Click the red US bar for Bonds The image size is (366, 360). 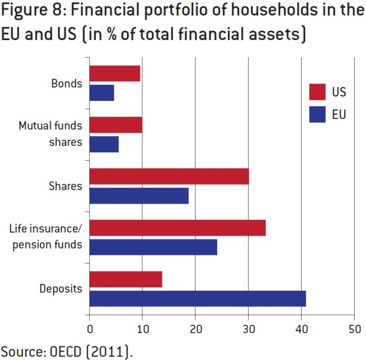click(114, 73)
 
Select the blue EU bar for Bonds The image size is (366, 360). click(102, 93)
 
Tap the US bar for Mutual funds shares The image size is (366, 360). click(116, 125)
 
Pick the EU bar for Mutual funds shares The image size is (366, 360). click(104, 144)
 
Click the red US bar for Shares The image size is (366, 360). click(169, 176)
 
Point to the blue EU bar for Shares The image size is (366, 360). click(139, 196)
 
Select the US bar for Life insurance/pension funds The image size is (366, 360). click(178, 228)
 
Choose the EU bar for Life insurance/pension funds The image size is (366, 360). click(153, 247)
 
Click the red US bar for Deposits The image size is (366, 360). click(126, 279)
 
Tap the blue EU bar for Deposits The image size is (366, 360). click(197, 298)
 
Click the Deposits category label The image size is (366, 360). click(61, 289)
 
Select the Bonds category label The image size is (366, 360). click(67, 84)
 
